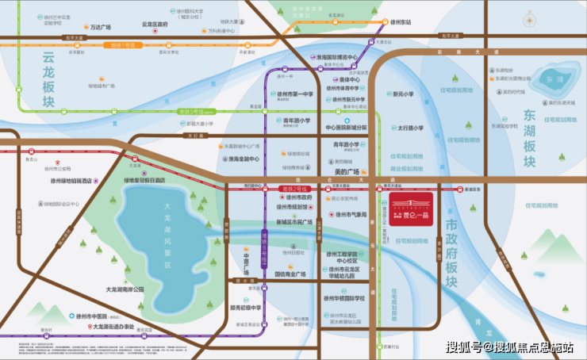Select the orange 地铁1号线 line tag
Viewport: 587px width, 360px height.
tap(124, 45)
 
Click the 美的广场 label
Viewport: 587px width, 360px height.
tap(347, 171)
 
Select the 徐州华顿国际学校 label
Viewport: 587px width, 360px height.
tap(346, 299)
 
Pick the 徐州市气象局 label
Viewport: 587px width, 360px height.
tap(350, 214)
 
